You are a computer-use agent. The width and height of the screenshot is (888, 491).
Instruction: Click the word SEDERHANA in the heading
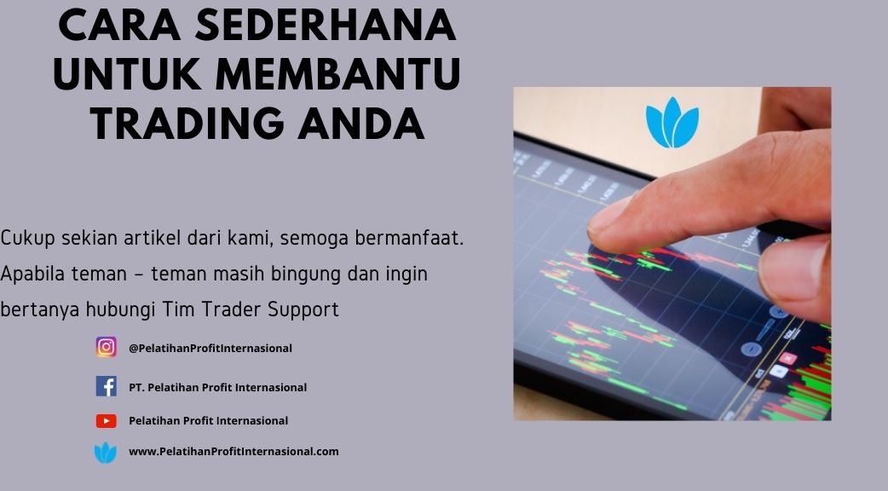point(326,25)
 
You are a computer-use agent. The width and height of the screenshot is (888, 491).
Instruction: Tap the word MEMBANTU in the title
point(338,74)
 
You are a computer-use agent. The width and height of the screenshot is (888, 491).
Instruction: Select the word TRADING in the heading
point(187,124)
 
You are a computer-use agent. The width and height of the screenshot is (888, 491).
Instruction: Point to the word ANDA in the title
point(361,124)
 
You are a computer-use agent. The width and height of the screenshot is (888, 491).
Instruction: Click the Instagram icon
point(106,347)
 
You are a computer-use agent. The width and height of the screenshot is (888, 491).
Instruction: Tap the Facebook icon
point(106,386)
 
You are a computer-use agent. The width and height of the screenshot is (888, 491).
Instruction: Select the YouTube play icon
point(106,421)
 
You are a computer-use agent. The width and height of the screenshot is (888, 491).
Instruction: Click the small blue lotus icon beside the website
point(106,453)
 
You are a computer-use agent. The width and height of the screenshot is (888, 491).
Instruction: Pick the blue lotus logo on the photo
point(672,123)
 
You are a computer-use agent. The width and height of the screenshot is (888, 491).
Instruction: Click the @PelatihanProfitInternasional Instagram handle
point(210,349)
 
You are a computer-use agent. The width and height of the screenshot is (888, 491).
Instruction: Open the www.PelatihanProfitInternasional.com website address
point(234,451)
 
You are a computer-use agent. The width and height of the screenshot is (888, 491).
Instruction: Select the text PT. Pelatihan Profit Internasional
point(217,387)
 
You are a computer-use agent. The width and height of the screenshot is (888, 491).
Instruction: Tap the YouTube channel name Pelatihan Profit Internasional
point(209,421)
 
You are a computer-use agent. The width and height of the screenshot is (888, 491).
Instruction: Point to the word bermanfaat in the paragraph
point(409,238)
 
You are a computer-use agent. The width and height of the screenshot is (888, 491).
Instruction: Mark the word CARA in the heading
point(118,25)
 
